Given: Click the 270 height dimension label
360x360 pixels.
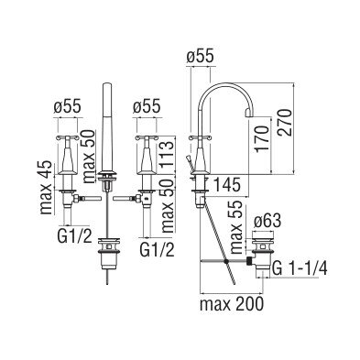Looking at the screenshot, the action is pos(285,123).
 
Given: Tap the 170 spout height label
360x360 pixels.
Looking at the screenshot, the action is pos(261,137).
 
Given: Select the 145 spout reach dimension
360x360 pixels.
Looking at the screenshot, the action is pos(226,184).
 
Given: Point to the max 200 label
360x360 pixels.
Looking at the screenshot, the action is pos(231,304).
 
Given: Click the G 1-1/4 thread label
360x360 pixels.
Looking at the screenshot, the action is pos(300,268).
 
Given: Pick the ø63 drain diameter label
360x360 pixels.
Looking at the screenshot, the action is pos(267,222).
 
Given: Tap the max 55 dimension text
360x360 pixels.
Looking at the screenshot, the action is pos(235,227).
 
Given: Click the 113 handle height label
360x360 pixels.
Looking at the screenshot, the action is pos(168,154).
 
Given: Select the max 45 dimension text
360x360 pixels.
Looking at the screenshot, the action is pos(47,187).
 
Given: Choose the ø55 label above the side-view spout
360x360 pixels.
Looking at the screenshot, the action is pos(200,57).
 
